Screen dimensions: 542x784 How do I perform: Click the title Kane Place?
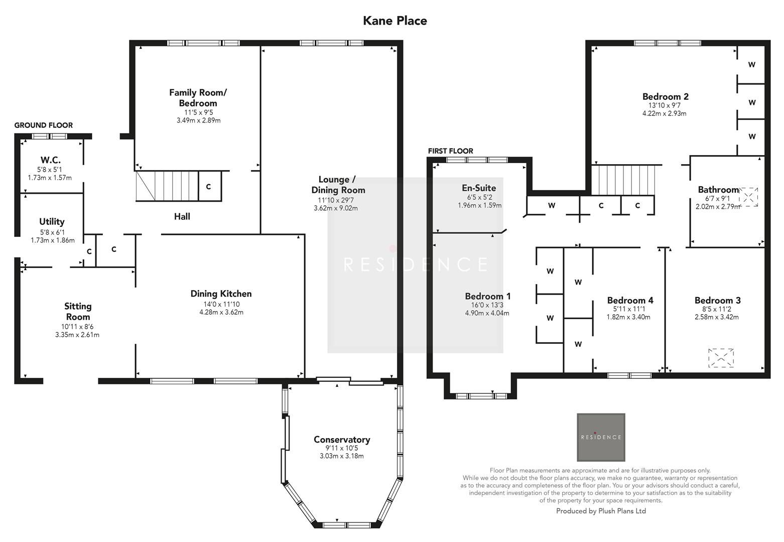(x=395, y=21)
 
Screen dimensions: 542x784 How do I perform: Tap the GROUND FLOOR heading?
(x=43, y=125)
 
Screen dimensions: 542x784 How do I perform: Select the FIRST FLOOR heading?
(x=450, y=151)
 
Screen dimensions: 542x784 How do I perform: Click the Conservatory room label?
(x=341, y=440)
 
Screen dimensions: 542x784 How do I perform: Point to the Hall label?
(x=182, y=216)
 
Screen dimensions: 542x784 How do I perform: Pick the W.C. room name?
(x=50, y=160)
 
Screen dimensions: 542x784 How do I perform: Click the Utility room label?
(x=52, y=221)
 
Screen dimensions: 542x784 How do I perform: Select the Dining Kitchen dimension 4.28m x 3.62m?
(x=221, y=312)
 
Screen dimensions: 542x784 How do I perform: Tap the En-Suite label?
(x=479, y=188)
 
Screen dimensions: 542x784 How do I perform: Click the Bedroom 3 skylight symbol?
(x=721, y=358)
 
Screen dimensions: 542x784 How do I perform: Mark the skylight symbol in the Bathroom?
(x=748, y=197)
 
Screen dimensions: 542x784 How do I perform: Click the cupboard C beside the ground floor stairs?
(x=208, y=187)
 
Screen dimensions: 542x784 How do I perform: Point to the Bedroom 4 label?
(x=630, y=300)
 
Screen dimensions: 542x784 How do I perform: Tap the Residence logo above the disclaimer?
(x=601, y=437)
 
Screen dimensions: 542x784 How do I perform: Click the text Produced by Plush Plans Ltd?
(x=601, y=511)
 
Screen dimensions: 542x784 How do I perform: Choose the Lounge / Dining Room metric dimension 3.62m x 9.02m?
(x=335, y=208)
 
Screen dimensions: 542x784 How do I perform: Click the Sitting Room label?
(x=78, y=311)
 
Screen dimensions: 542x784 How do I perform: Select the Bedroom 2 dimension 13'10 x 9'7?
(x=665, y=106)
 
